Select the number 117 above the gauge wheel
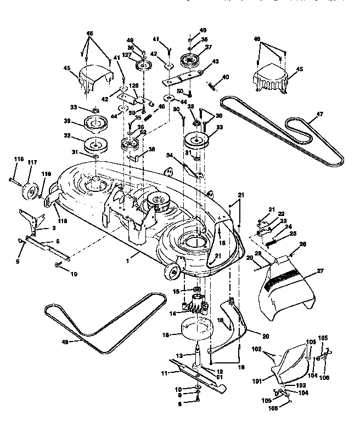32,162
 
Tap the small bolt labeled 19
57,265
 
